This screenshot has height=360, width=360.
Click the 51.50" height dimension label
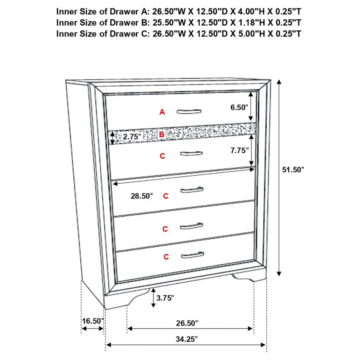[293, 170]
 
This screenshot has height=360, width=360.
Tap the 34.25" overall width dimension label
[187, 339]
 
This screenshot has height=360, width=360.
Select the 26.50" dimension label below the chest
[187, 322]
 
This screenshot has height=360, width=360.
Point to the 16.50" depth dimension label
[93, 321]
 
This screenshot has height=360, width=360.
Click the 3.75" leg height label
[165, 298]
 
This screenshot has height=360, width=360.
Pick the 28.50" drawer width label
[142, 196]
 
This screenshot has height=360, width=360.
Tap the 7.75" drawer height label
[240, 150]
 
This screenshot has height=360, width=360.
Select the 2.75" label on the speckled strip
[133, 137]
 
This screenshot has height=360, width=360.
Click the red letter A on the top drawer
[162, 112]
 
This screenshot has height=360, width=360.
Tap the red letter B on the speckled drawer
[162, 135]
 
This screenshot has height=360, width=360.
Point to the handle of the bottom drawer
[192, 255]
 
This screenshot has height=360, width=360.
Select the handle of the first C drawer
[191, 154]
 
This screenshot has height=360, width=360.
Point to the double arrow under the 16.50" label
[92, 329]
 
